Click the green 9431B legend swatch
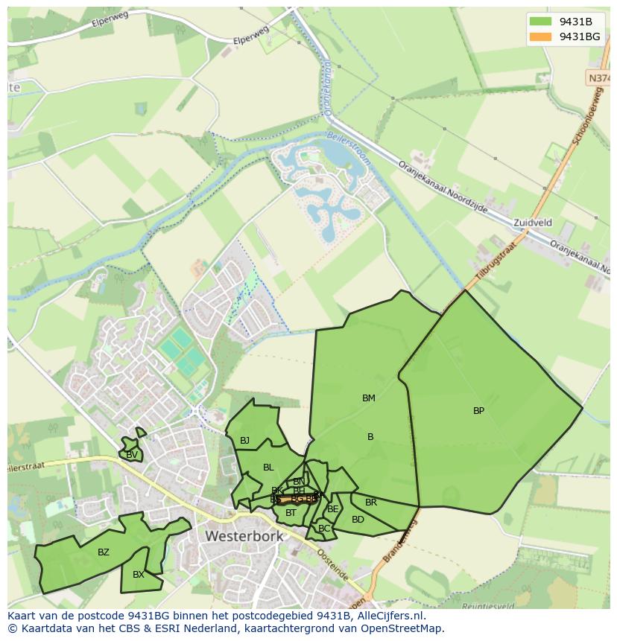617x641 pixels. pyautogui.click(x=540, y=22)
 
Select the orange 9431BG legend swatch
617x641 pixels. pyautogui.click(x=540, y=36)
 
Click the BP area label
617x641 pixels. pyautogui.click(x=478, y=410)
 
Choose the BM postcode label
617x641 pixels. pyautogui.click(x=368, y=398)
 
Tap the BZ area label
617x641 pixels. pyautogui.click(x=104, y=552)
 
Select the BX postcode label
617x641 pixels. pyautogui.click(x=139, y=575)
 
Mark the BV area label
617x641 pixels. pyautogui.click(x=131, y=455)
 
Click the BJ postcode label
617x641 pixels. pyautogui.click(x=244, y=441)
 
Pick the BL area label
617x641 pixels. pyautogui.click(x=268, y=468)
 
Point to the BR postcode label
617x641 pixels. pyautogui.click(x=371, y=503)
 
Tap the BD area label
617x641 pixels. pyautogui.click(x=358, y=520)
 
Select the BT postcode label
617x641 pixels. pyautogui.click(x=291, y=513)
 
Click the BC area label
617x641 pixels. pyautogui.click(x=323, y=529)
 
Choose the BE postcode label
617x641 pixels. pyautogui.click(x=333, y=509)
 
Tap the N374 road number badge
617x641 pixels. pyautogui.click(x=598, y=77)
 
